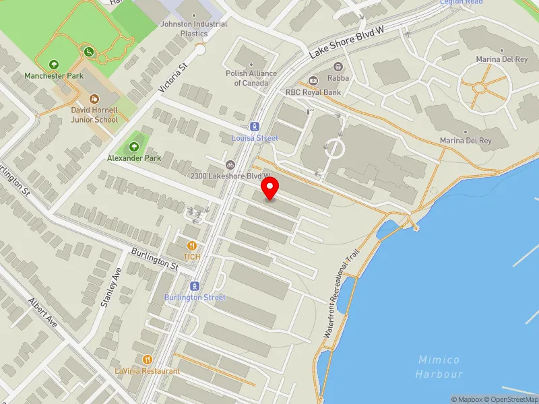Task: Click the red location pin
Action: [270, 188]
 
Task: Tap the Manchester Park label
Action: [54, 76]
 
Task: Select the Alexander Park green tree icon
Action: [133, 147]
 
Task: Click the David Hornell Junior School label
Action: [94, 114]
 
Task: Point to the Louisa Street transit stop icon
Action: [254, 126]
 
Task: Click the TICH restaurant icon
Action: [193, 246]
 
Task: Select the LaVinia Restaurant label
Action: [147, 371]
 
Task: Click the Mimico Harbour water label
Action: [439, 366]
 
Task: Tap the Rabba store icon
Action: [338, 67]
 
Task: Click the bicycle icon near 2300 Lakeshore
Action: [230, 164]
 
